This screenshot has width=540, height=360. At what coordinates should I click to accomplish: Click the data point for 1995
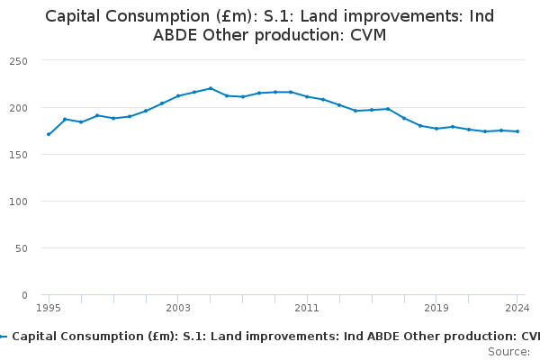point(49,134)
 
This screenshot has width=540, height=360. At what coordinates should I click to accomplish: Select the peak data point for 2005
point(211,88)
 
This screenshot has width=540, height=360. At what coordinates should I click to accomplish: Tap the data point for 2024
point(517,131)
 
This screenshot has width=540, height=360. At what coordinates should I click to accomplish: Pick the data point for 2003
point(178,95)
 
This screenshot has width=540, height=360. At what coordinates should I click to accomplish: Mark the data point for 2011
point(307,96)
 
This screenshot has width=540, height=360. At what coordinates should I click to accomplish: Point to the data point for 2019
point(436,129)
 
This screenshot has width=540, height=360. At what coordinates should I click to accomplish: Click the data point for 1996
point(65,119)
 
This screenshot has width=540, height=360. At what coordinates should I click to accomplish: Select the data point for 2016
point(388,109)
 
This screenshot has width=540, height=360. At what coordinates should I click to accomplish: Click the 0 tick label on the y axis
point(25,295)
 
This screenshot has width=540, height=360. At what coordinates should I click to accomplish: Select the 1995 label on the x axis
point(49,308)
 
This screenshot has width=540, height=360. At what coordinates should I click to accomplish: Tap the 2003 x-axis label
point(178,308)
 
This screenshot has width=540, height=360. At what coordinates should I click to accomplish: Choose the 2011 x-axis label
point(307,308)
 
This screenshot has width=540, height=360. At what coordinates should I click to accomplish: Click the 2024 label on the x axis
point(517,308)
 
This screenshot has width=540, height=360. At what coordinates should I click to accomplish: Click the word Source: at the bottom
point(508,351)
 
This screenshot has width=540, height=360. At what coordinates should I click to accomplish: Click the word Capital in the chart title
point(76,16)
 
